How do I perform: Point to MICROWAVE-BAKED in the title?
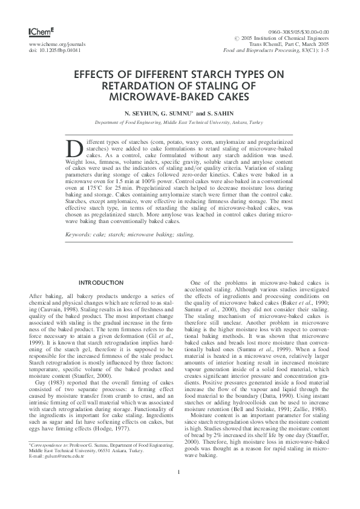(x=180, y=96)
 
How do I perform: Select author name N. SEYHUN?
(x=140, y=113)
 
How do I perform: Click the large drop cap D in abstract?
(x=73, y=149)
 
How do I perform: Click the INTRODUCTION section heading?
(x=102, y=282)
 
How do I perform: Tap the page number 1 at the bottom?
(x=180, y=488)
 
